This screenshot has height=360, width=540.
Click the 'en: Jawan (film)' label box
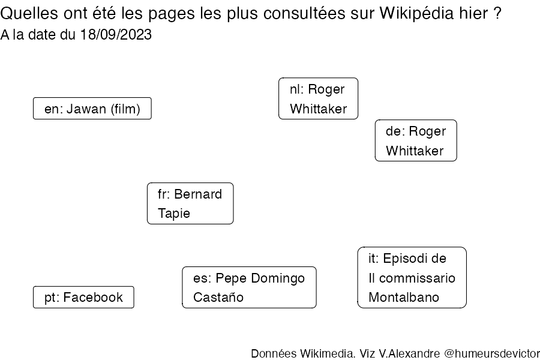point(92,109)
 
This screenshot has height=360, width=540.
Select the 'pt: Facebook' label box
point(83,297)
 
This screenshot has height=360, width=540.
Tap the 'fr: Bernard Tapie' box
point(190,203)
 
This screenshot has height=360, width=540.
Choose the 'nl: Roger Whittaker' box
point(318,98)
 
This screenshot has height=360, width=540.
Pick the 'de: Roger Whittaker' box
point(416,140)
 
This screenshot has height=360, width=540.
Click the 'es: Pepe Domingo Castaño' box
point(249,287)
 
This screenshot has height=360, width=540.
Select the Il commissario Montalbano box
point(412,277)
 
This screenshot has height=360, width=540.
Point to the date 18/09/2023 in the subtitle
point(116,35)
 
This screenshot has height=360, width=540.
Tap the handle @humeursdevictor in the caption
point(492,353)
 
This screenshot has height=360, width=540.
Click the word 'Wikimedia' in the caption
point(327,353)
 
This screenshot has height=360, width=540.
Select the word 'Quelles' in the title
point(29,14)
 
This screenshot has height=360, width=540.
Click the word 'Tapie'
point(174,214)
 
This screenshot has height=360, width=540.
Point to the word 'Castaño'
point(218,297)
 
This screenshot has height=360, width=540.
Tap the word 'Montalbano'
point(404,297)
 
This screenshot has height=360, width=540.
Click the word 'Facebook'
point(93,297)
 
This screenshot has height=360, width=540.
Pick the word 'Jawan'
point(86,109)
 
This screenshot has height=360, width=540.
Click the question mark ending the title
point(497,13)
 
